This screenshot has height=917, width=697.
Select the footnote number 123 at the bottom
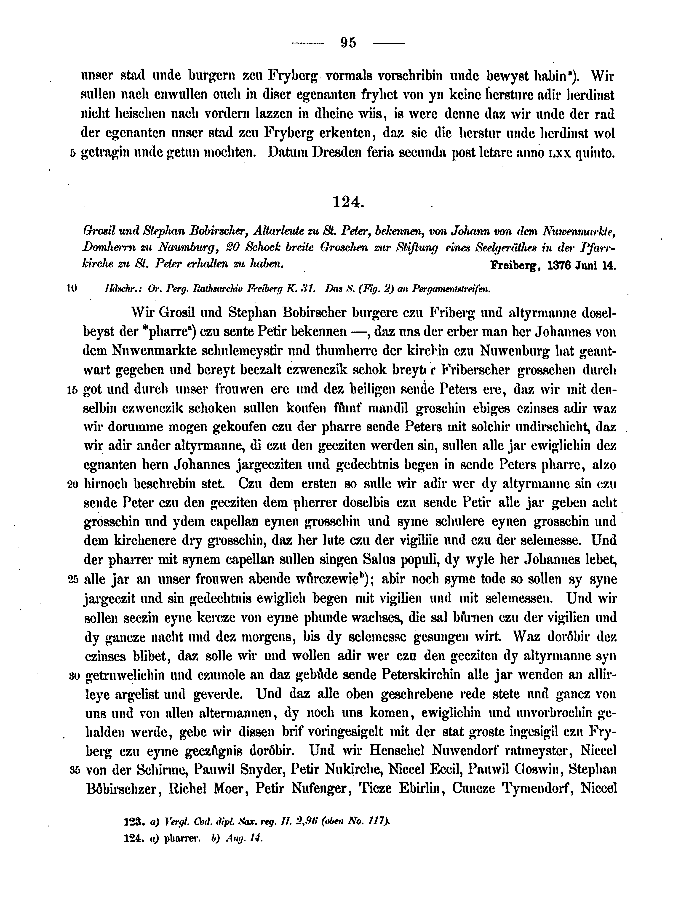click(133, 821)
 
